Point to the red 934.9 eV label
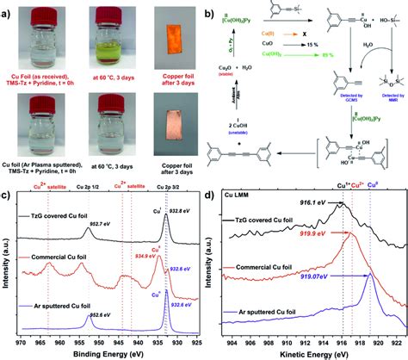coord(169,255)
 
